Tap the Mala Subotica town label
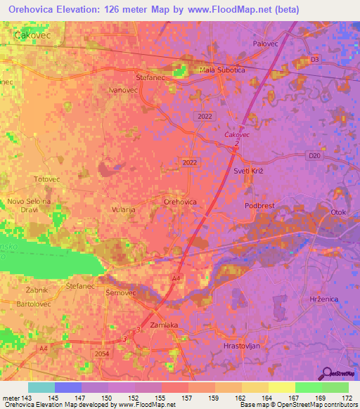[222, 70]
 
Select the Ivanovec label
[122, 90]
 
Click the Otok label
[340, 212]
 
